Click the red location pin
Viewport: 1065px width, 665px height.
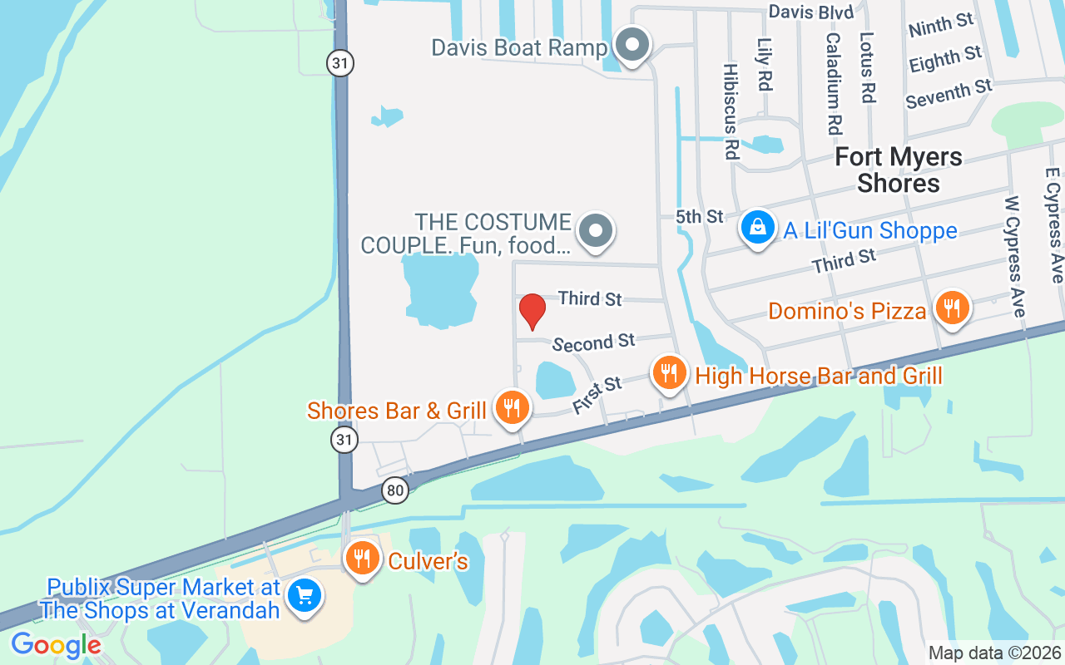tap(532, 311)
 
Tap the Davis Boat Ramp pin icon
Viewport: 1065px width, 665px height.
tap(632, 44)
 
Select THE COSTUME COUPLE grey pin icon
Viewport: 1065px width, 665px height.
tap(595, 230)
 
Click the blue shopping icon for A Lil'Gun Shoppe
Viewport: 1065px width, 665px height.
tap(757, 226)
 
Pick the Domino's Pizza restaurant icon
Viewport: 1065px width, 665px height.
tap(952, 308)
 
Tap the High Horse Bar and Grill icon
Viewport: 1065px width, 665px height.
tap(668, 372)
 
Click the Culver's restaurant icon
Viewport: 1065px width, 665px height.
tap(362, 558)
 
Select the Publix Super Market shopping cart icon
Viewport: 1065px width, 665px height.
tap(305, 595)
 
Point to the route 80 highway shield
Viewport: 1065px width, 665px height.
tap(395, 490)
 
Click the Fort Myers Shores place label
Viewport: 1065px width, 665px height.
tap(899, 170)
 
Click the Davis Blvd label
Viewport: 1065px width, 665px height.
tap(810, 12)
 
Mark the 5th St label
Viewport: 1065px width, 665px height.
tap(699, 217)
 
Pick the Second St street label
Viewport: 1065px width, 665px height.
tap(593, 342)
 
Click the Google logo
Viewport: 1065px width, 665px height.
tap(56, 644)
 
